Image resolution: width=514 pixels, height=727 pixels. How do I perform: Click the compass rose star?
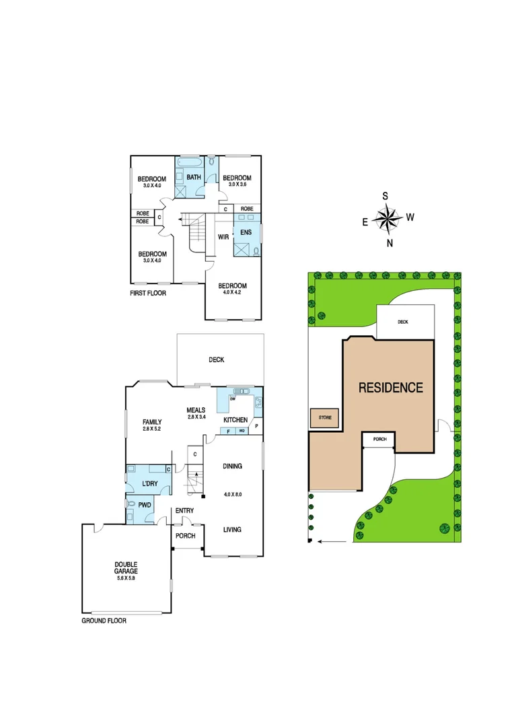pos(386,218)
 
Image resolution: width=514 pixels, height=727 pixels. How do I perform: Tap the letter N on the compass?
pos(390,243)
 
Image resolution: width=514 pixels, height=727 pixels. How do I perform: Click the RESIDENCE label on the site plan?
pos(390,388)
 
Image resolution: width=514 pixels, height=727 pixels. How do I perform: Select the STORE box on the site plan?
pos(325,418)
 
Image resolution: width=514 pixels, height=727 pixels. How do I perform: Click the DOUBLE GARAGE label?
pos(126,567)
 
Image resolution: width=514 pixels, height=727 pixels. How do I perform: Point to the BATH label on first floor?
pos(194,177)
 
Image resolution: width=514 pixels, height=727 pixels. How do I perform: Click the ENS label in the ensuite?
pos(246,232)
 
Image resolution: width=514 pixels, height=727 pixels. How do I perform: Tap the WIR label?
pos(223,237)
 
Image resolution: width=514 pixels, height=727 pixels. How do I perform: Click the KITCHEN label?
pos(236,420)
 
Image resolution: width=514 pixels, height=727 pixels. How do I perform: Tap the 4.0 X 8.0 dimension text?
pos(232,495)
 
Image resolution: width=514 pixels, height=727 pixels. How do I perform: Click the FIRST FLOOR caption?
pos(148,293)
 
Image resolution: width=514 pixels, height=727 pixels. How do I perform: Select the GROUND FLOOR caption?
pos(104,621)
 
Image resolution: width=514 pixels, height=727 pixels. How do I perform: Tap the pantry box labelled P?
pos(256,426)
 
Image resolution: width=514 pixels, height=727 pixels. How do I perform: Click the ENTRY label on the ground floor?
pos(184,511)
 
